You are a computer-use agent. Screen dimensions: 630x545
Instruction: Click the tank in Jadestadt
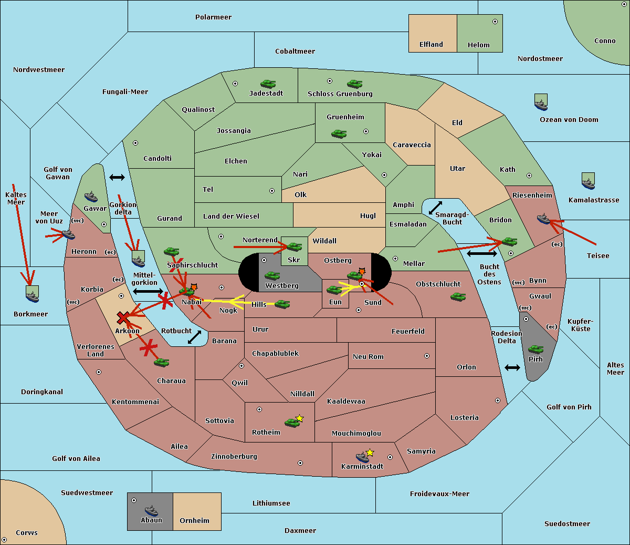click(x=268, y=84)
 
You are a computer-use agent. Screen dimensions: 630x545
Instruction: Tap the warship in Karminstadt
click(x=362, y=457)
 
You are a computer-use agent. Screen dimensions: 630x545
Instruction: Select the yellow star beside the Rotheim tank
click(x=299, y=418)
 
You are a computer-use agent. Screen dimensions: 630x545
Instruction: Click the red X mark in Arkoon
click(x=123, y=317)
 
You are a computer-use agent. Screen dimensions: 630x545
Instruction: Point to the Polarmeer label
click(x=213, y=17)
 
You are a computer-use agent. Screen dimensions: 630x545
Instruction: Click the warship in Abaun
click(x=151, y=510)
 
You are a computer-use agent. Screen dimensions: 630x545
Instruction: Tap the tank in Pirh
click(x=535, y=349)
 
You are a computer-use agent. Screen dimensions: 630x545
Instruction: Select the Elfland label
click(x=431, y=45)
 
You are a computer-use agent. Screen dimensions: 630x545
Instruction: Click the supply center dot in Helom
click(x=495, y=22)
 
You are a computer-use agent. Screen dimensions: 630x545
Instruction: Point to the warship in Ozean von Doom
click(x=541, y=102)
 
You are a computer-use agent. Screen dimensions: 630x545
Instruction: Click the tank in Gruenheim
click(x=339, y=134)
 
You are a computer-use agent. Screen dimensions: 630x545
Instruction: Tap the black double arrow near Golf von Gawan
click(x=117, y=177)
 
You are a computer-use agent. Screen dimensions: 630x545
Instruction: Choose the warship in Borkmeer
click(x=33, y=294)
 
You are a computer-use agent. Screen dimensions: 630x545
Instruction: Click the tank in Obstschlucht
click(x=458, y=297)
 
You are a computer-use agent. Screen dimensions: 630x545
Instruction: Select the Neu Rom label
click(x=368, y=357)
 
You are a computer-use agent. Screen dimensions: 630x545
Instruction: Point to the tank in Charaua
click(x=161, y=363)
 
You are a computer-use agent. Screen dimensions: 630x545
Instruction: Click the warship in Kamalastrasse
click(x=588, y=181)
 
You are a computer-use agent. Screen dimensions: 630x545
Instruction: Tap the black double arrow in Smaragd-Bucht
click(x=435, y=208)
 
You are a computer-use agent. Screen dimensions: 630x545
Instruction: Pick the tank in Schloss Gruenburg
click(x=354, y=84)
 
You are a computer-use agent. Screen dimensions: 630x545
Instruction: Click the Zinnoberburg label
click(x=234, y=457)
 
